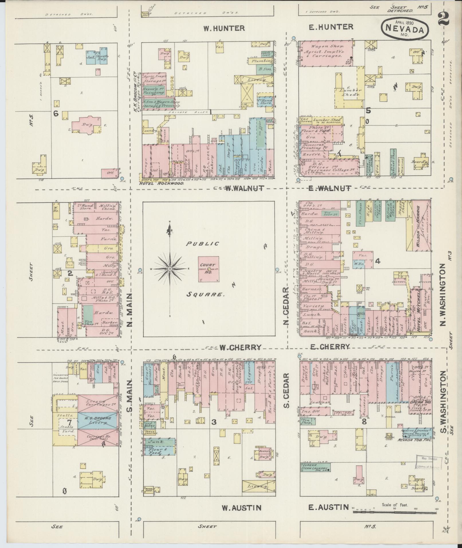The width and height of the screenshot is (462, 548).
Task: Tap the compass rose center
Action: (x=170, y=269)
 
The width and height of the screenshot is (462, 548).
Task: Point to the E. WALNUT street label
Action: (x=330, y=188)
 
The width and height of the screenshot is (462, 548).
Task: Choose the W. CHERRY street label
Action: (x=240, y=347)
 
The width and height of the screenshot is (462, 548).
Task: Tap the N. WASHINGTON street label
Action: (x=444, y=295)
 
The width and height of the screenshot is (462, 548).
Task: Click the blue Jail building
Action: (x=91, y=57)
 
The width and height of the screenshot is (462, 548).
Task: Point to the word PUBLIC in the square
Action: (x=203, y=244)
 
